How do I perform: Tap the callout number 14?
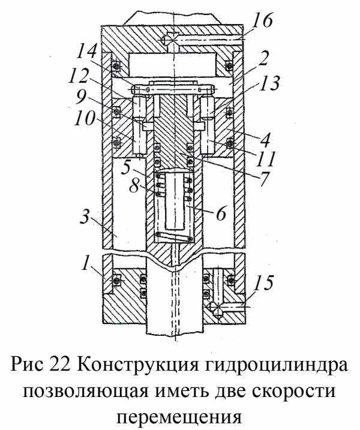point(87,53)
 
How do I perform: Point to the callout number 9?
point(80,97)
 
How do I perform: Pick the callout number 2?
point(263,58)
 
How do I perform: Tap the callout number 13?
point(269,83)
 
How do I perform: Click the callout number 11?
point(265,159)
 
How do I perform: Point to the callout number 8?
point(134,186)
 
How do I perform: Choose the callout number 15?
point(263,282)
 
